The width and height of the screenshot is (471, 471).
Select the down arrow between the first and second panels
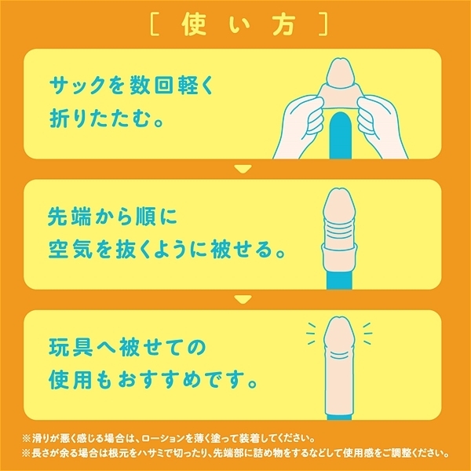(242, 167)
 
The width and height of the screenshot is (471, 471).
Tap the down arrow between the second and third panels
(242, 298)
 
